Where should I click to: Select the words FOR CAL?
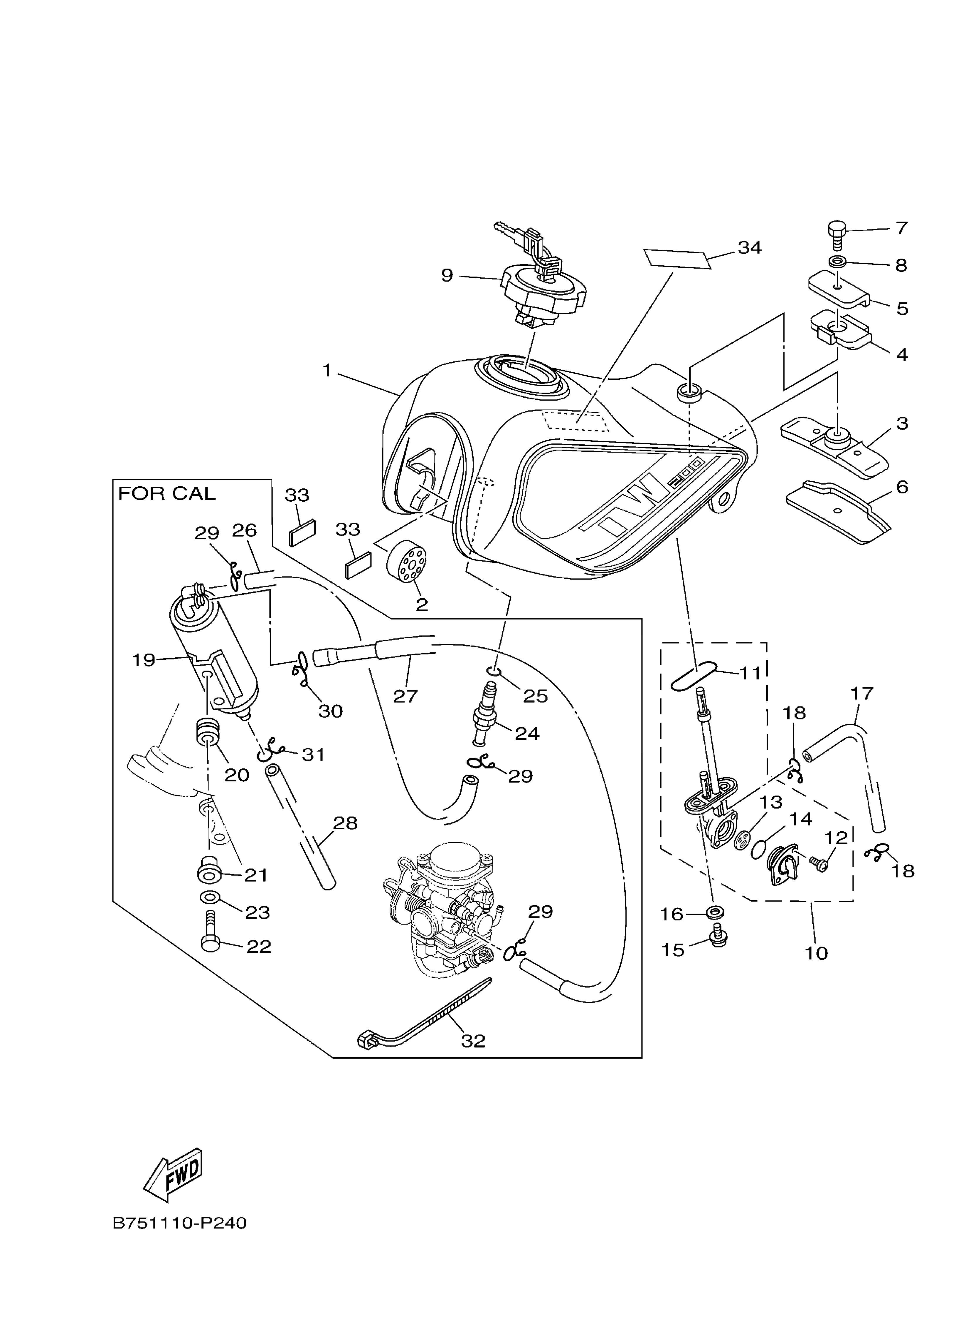pos(167,493)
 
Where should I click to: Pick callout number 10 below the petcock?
pos(816,953)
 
